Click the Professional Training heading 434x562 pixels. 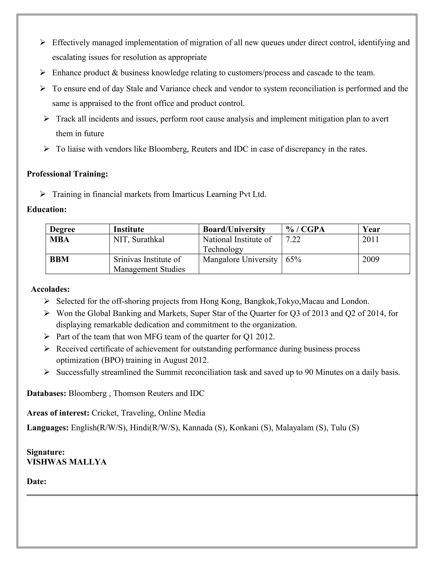[67, 174]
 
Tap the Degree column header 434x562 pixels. [62, 229]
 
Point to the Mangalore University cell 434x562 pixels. [240, 259]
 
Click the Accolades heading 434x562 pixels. [50, 289]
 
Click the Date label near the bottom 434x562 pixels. [36, 481]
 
